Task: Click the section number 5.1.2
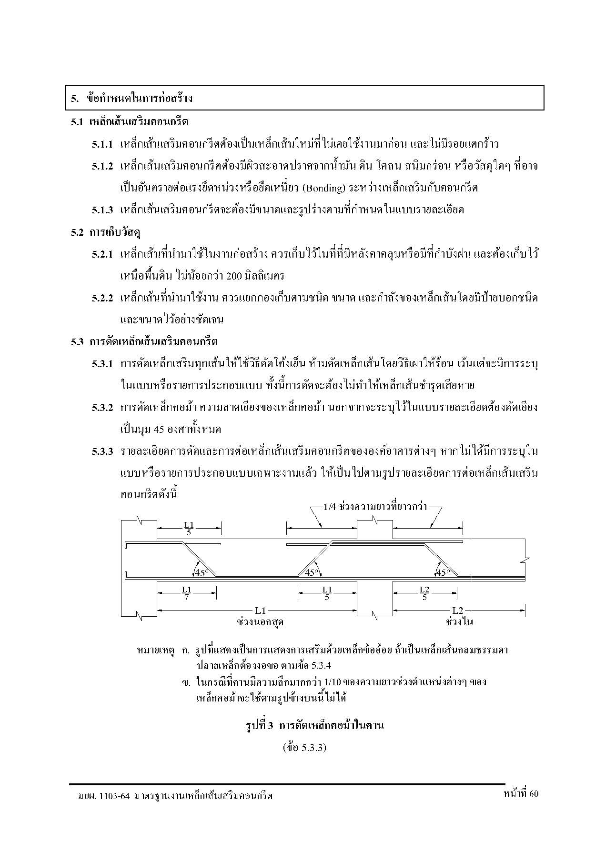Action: point(102,166)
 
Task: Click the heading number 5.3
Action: point(78,342)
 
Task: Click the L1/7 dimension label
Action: point(186,593)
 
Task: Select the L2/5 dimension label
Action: point(424,593)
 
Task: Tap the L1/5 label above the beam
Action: point(189,529)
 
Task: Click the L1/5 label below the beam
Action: point(327,593)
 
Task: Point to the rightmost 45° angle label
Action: point(444,572)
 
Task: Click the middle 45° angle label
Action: point(311,572)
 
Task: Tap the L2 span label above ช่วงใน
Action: point(457,610)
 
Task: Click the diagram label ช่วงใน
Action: point(459,622)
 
